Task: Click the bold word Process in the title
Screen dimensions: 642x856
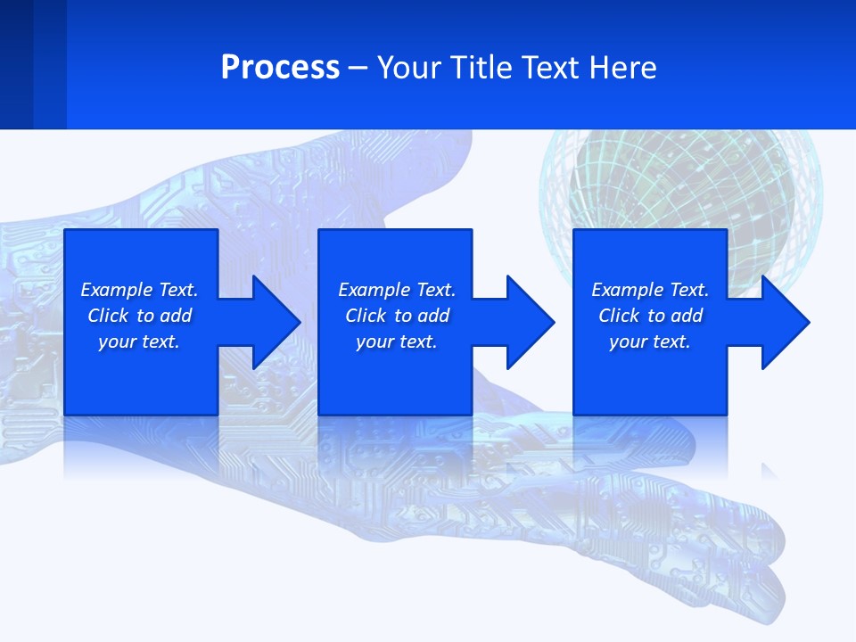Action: click(280, 68)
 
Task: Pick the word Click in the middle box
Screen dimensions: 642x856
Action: click(366, 316)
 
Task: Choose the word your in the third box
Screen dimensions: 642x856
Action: click(629, 342)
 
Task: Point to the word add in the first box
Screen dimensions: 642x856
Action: click(177, 316)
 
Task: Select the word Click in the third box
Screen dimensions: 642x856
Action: click(620, 316)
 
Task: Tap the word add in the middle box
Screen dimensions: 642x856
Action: click(434, 316)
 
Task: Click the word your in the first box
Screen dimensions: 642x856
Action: click(118, 342)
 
